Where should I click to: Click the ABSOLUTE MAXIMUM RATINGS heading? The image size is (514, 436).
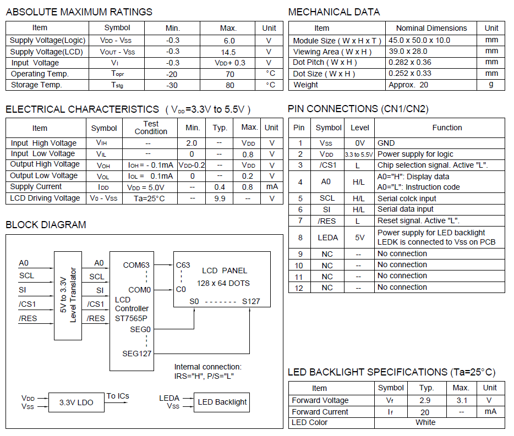(79, 12)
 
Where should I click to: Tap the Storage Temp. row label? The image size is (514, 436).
(36, 85)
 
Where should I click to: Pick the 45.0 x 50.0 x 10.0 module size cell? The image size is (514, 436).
(419, 40)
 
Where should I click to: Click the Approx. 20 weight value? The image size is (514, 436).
(408, 85)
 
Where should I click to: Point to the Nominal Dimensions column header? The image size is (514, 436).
(431, 28)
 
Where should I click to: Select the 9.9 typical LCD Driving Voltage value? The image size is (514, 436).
(220, 198)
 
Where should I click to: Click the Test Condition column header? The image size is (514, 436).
(151, 128)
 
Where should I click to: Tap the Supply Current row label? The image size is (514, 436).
(36, 187)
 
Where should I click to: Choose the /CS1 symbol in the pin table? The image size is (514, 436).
(328, 165)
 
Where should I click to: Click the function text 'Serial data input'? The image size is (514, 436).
(406, 209)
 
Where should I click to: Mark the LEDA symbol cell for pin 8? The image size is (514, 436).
(328, 238)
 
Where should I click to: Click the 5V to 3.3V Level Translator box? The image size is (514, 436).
(68, 295)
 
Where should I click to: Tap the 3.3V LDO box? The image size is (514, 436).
(76, 402)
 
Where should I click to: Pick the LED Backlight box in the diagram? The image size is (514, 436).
(222, 402)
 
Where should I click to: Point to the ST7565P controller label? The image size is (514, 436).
(131, 317)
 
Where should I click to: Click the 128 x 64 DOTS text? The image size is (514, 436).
(223, 283)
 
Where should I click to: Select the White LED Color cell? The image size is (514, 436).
(426, 423)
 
